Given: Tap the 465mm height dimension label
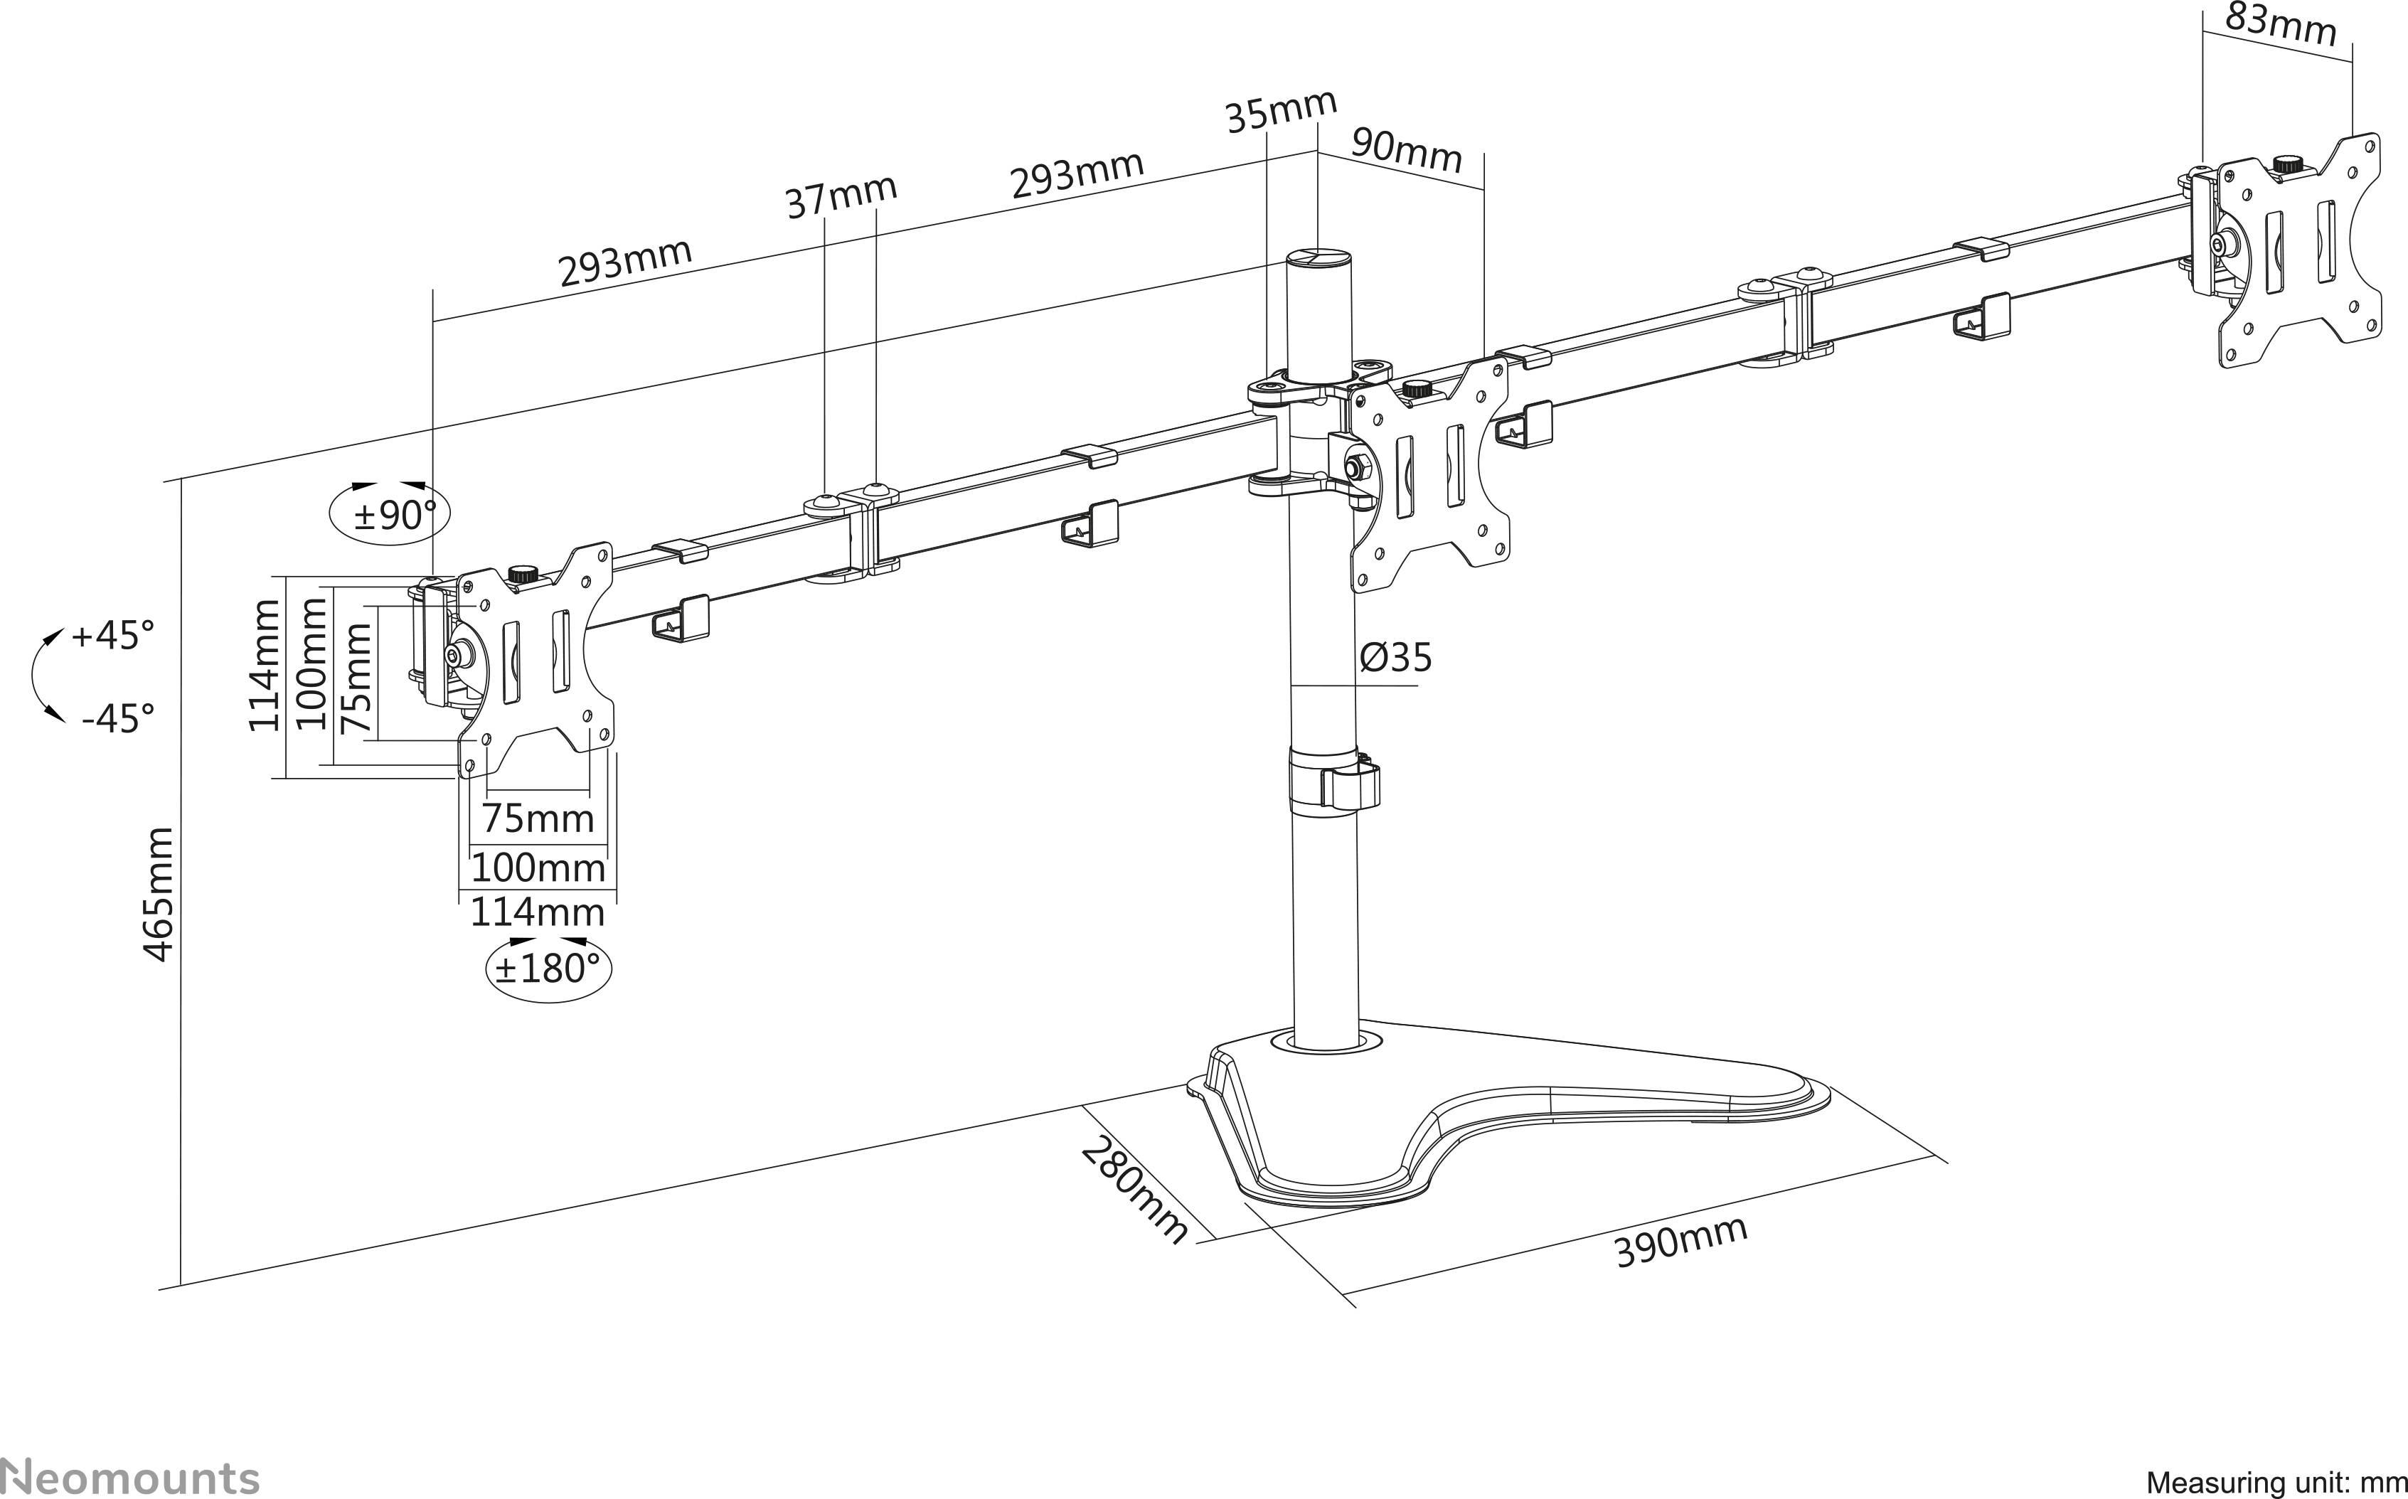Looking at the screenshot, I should coord(159,895).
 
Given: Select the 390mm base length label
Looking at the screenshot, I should coord(1681,1242).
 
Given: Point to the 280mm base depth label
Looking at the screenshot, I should coord(1133,1190).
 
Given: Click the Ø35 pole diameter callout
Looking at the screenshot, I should coord(1396,657).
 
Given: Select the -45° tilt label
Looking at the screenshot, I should coord(117,718).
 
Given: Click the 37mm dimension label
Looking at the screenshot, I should coord(841,196).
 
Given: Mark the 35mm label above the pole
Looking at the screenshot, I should coord(1281,110).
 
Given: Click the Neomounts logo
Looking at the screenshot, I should coord(129,1476).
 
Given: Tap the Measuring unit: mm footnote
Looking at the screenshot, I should coord(2275,1482).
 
